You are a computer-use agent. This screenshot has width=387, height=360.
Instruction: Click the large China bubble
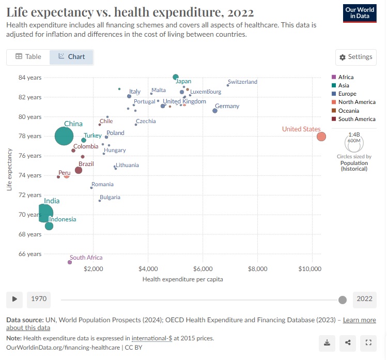[x=65, y=137]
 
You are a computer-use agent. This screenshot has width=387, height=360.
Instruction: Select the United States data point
[x=321, y=137]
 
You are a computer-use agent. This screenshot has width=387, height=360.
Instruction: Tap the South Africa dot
[x=70, y=262]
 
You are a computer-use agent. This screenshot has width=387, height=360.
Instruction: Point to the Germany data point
[x=215, y=111]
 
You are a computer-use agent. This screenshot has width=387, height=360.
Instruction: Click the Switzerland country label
[x=242, y=82]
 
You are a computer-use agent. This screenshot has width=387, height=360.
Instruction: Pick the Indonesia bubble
[x=49, y=226]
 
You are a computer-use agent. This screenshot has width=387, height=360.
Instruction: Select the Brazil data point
[x=79, y=170]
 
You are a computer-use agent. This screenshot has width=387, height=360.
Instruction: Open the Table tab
[x=28, y=56]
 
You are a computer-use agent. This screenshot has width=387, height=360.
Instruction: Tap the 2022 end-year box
[x=364, y=299]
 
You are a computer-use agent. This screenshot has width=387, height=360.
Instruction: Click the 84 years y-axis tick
[x=30, y=78]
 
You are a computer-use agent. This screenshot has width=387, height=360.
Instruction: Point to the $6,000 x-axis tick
[x=203, y=269]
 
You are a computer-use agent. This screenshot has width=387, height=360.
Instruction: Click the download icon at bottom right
[x=327, y=342]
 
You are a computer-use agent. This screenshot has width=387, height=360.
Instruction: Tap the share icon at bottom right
[x=348, y=342]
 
